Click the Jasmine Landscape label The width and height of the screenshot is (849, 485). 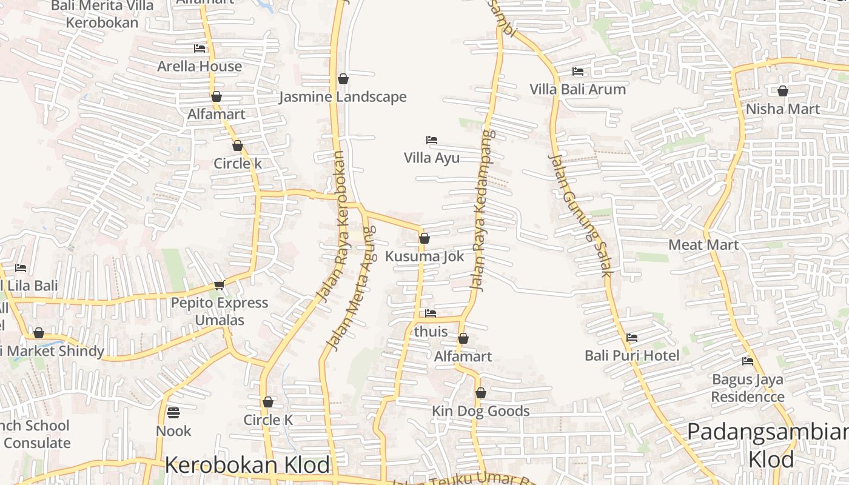pos(343,97)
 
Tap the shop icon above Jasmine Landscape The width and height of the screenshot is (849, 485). pos(343,79)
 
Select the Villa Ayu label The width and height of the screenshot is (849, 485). pos(432,158)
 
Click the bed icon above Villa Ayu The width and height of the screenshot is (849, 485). pos(432,139)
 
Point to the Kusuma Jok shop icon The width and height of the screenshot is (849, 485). pos(424,238)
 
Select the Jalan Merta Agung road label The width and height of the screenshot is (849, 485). pos(351,288)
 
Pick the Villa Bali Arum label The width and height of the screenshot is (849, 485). pos(577,90)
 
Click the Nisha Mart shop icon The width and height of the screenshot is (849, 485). pos(783,91)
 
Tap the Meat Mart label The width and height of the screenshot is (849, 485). pos(703,245)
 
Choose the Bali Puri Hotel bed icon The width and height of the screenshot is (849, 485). pos(632,337)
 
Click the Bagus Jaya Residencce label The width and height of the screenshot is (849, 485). pos(748,388)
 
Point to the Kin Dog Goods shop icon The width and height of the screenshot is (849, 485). pos(481,393)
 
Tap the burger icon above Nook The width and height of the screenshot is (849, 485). pos(173,413)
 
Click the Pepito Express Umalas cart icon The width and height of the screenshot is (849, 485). pos(219,285)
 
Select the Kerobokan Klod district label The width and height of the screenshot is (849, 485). pos(247,465)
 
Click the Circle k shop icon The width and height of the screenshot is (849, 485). pos(238,145)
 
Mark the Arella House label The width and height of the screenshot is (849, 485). pos(200,66)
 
